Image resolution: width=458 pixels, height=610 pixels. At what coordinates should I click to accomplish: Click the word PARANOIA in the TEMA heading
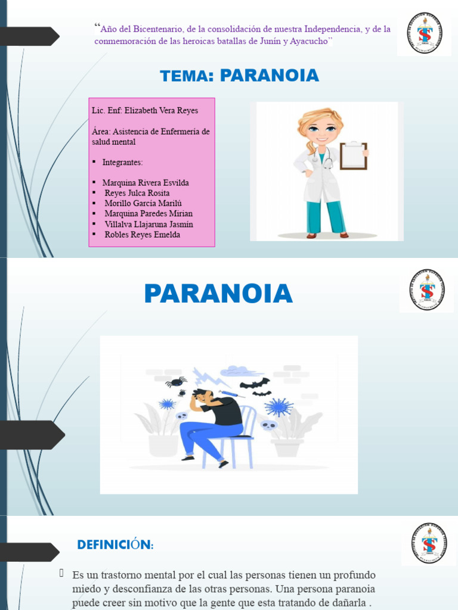tap(269, 76)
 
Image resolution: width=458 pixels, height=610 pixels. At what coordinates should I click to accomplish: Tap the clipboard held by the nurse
tap(354, 156)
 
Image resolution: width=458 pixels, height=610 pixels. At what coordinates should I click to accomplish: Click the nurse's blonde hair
tap(320, 117)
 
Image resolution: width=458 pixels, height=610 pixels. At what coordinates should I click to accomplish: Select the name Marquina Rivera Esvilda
tap(146, 183)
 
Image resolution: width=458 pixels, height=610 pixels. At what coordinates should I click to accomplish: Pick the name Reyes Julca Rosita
tap(137, 193)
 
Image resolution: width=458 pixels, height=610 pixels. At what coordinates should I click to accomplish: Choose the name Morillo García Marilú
tap(143, 203)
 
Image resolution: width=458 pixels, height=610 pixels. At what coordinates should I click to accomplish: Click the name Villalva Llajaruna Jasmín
tap(148, 224)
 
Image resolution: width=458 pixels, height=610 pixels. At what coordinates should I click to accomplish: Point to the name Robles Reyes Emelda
tap(142, 235)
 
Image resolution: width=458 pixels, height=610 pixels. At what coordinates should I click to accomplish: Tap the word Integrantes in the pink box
tap(122, 162)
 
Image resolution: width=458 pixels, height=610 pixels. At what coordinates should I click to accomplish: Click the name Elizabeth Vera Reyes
tap(161, 111)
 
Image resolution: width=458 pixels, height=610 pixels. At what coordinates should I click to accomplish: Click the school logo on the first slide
tap(425, 33)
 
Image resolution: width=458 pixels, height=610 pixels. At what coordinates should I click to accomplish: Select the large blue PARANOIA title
tap(218, 294)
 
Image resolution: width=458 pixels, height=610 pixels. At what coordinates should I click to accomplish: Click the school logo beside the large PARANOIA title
tap(426, 290)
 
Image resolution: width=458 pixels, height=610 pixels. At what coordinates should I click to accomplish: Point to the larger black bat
tap(255, 384)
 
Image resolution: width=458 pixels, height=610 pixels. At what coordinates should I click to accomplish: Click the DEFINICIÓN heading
tap(115, 544)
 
